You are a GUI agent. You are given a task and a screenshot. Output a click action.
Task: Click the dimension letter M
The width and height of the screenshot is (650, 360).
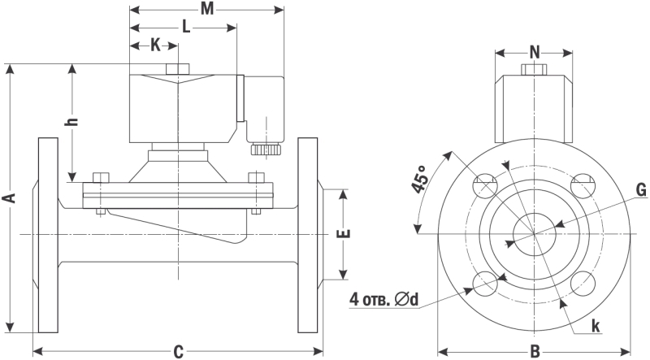206,9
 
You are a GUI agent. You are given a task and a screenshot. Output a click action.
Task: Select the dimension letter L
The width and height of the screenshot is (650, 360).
186,27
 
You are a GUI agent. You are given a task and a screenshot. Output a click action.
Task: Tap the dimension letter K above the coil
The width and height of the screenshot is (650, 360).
154,45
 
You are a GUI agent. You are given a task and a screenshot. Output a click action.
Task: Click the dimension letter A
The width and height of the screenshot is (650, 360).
9,197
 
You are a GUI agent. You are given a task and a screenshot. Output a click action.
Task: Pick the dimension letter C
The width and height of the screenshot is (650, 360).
178,351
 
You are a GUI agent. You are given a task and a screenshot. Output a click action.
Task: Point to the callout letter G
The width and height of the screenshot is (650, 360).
640,190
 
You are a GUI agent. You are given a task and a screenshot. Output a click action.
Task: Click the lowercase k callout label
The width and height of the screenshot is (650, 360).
596,325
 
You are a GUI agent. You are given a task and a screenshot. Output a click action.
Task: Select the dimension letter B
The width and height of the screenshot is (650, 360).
535,351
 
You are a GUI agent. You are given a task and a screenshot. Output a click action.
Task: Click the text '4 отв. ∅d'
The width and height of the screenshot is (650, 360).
383,299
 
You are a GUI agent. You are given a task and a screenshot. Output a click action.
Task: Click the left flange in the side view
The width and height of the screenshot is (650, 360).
48,236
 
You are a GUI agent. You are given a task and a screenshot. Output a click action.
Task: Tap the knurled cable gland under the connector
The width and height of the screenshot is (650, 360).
265,149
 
